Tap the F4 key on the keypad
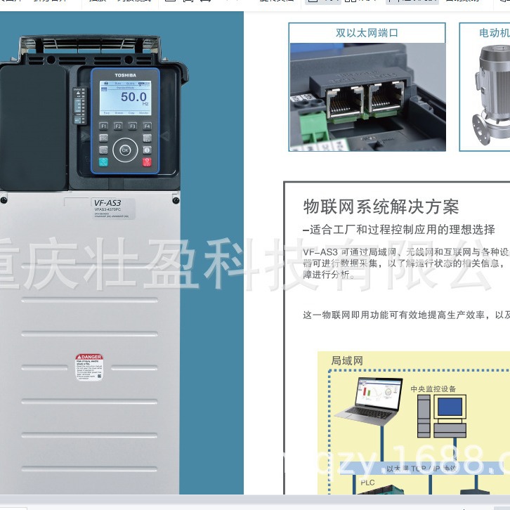pos(147,126)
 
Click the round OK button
pos(125,150)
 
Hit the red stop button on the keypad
pos(147,162)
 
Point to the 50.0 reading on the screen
pos(133,97)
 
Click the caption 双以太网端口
pos(367,33)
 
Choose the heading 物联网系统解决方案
pos(381,207)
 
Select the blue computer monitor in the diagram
pos(450,407)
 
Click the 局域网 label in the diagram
pos(347,361)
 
